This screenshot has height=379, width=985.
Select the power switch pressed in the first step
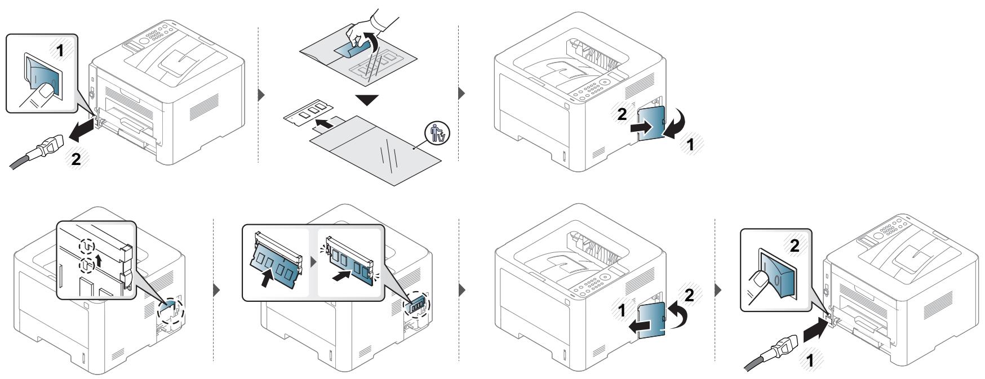coord(41,76)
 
